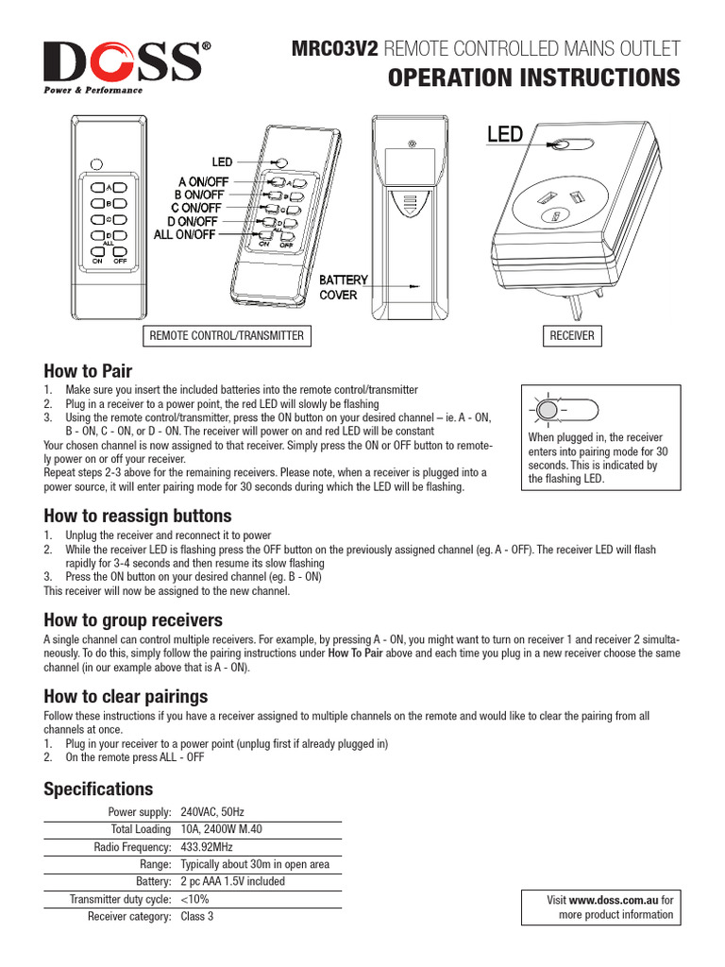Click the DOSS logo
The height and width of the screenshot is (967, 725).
124,65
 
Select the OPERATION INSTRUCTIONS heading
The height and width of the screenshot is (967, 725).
533,77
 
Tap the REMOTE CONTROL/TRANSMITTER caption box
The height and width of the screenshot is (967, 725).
227,335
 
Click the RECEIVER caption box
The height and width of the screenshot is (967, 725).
572,335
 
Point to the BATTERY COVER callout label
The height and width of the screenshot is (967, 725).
342,288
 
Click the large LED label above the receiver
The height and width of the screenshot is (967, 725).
504,135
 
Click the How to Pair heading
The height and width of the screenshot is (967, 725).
88,370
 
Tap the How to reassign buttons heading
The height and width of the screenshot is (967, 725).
137,516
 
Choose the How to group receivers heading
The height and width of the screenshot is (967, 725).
133,619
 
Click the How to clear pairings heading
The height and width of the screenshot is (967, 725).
126,696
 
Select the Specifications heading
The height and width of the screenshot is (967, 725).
98,789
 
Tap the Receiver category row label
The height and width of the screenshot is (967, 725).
129,916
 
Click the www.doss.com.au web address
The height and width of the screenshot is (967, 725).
614,901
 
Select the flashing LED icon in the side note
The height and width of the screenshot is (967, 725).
547,410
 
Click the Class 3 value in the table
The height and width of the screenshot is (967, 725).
196,916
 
